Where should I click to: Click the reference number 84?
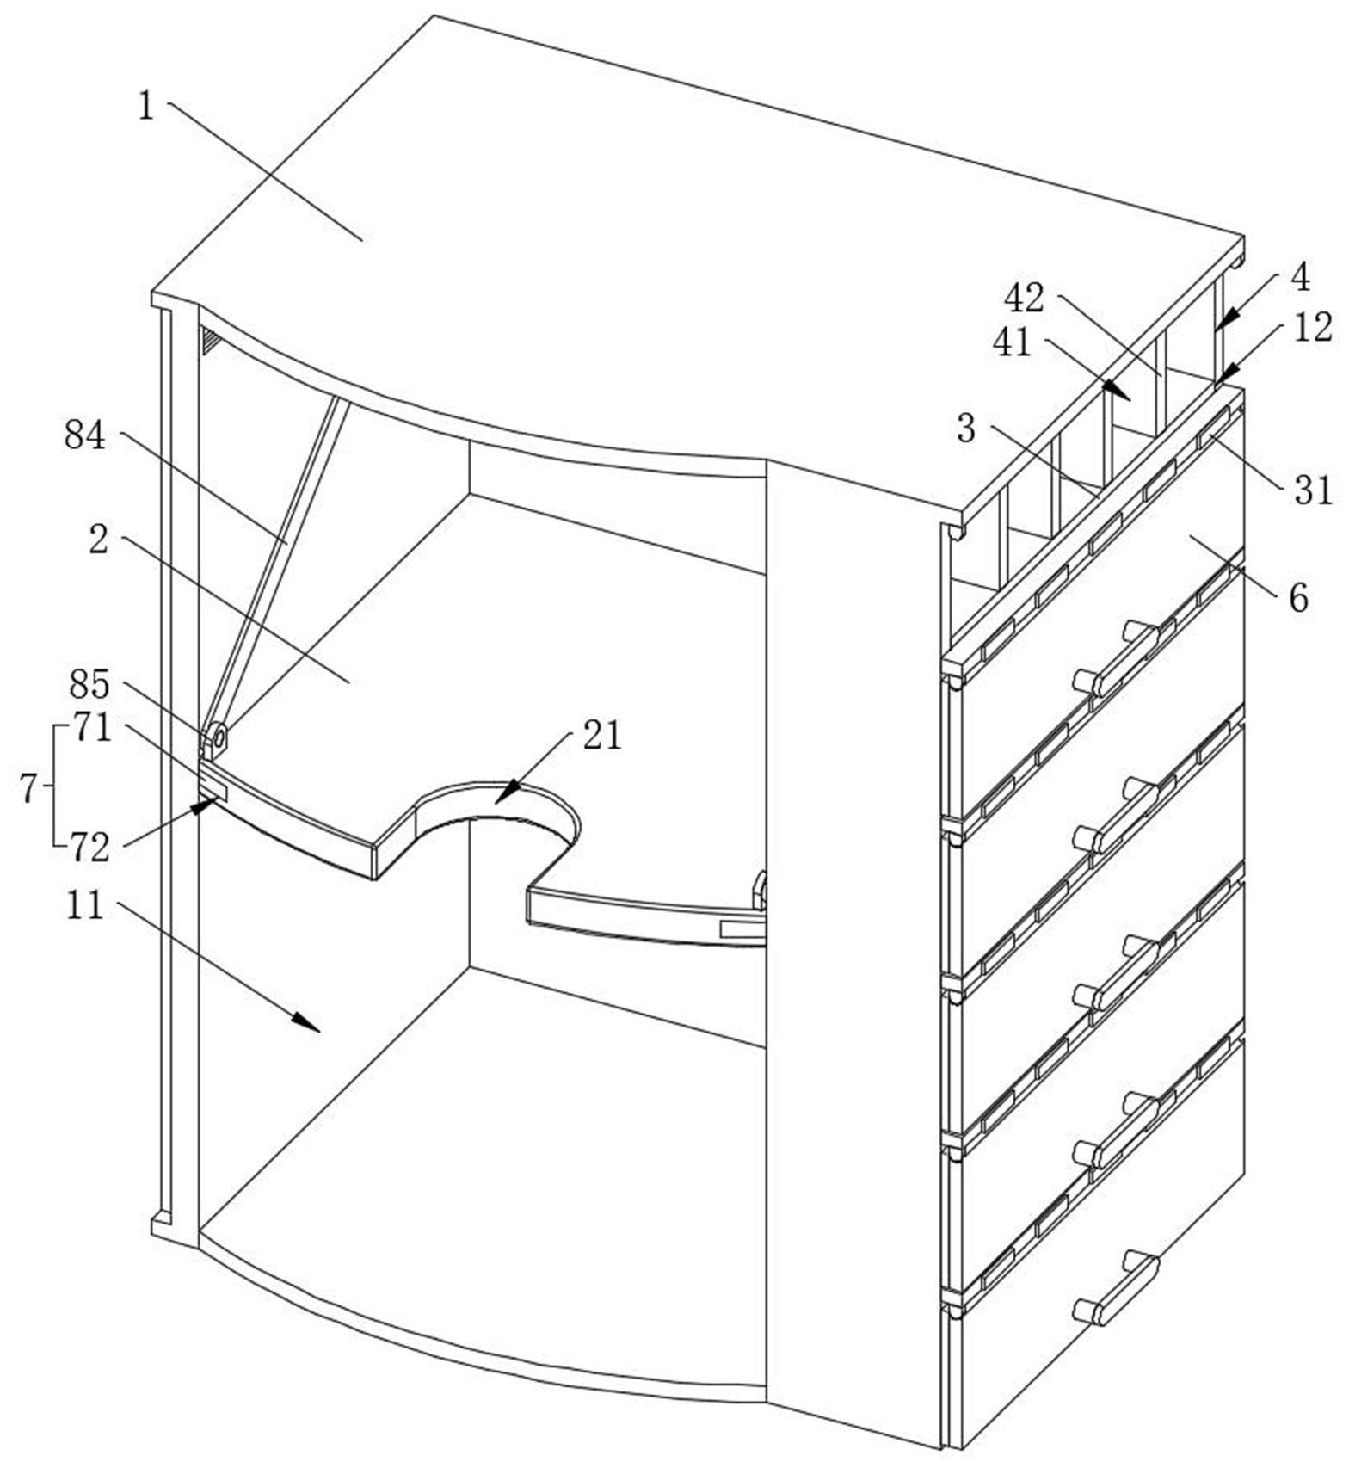85,436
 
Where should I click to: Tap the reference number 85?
89,685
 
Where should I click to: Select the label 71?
91,728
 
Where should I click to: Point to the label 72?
90,849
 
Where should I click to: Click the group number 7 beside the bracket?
29,788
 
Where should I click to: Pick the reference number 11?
85,905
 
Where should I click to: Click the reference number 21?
602,737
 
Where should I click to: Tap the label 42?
1024,299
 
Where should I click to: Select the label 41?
1013,342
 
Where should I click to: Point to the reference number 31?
1313,491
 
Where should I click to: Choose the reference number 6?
1298,597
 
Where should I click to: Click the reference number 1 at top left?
146,107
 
